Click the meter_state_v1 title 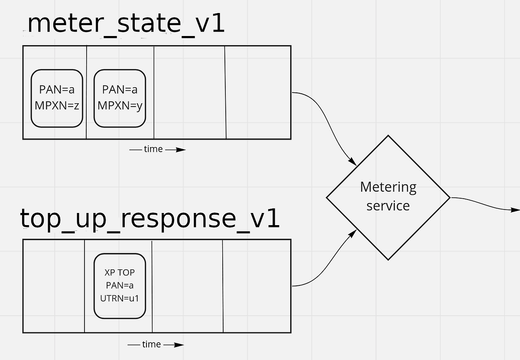[x=126, y=24]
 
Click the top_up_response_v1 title [x=149, y=219]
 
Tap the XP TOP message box [x=120, y=286]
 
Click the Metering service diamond [x=388, y=197]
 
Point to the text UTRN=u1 [x=120, y=298]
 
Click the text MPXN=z [x=57, y=105]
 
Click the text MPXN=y [x=120, y=105]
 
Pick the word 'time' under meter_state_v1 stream [x=153, y=149]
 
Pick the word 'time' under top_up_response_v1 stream [x=151, y=344]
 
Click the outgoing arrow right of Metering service [x=485, y=204]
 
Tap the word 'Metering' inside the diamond [x=388, y=187]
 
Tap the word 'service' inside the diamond [x=388, y=205]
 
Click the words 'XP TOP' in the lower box [x=120, y=273]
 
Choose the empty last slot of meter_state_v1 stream [x=258, y=92]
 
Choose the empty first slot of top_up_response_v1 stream [x=54, y=286]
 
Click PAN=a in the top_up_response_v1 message [x=120, y=285]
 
